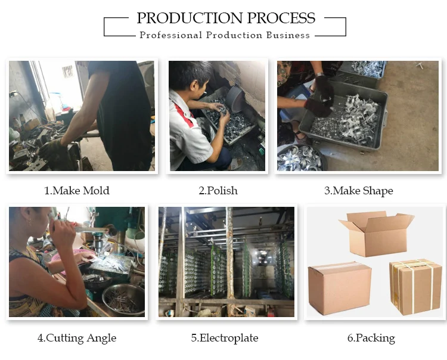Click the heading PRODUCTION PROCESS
pos(226,18)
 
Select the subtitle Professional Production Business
pos(225,35)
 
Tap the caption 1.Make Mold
pos(77,190)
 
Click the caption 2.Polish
pos(218,190)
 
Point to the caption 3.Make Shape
pos(359,191)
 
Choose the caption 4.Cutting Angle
pos(77,338)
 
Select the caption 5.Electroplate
pos(225,338)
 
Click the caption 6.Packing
pos(371,338)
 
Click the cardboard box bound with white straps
pos(415,287)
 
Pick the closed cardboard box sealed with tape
pos(340,288)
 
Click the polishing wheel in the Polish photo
pos(235,98)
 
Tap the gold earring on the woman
pos(29,222)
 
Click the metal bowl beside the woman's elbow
pos(124,299)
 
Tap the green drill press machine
pos(120,228)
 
